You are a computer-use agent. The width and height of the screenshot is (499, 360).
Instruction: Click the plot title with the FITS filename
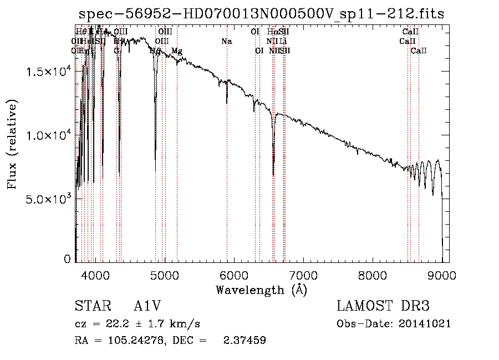tap(262, 14)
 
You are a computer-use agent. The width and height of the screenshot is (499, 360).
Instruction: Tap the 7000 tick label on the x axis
tap(303, 275)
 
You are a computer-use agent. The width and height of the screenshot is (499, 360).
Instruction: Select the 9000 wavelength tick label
tap(442, 275)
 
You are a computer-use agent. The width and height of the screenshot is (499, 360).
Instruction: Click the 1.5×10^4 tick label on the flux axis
tap(47, 72)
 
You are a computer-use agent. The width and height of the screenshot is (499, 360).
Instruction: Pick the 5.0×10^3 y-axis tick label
tap(47, 199)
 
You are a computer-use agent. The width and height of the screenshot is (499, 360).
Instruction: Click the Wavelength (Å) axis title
tap(261, 290)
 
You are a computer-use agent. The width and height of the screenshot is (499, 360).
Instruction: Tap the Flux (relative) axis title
tap(13, 144)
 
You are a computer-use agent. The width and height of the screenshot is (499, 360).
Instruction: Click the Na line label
tap(226, 42)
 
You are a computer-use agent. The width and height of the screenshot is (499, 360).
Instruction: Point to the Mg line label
tap(177, 51)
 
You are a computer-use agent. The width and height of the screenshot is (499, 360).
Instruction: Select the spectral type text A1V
tap(149, 307)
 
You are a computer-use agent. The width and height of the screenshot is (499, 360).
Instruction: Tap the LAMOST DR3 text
tap(383, 307)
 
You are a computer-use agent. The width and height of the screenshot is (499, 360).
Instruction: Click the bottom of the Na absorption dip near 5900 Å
tap(227, 103)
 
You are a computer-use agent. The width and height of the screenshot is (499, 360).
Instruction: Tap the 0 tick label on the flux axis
tap(67, 259)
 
